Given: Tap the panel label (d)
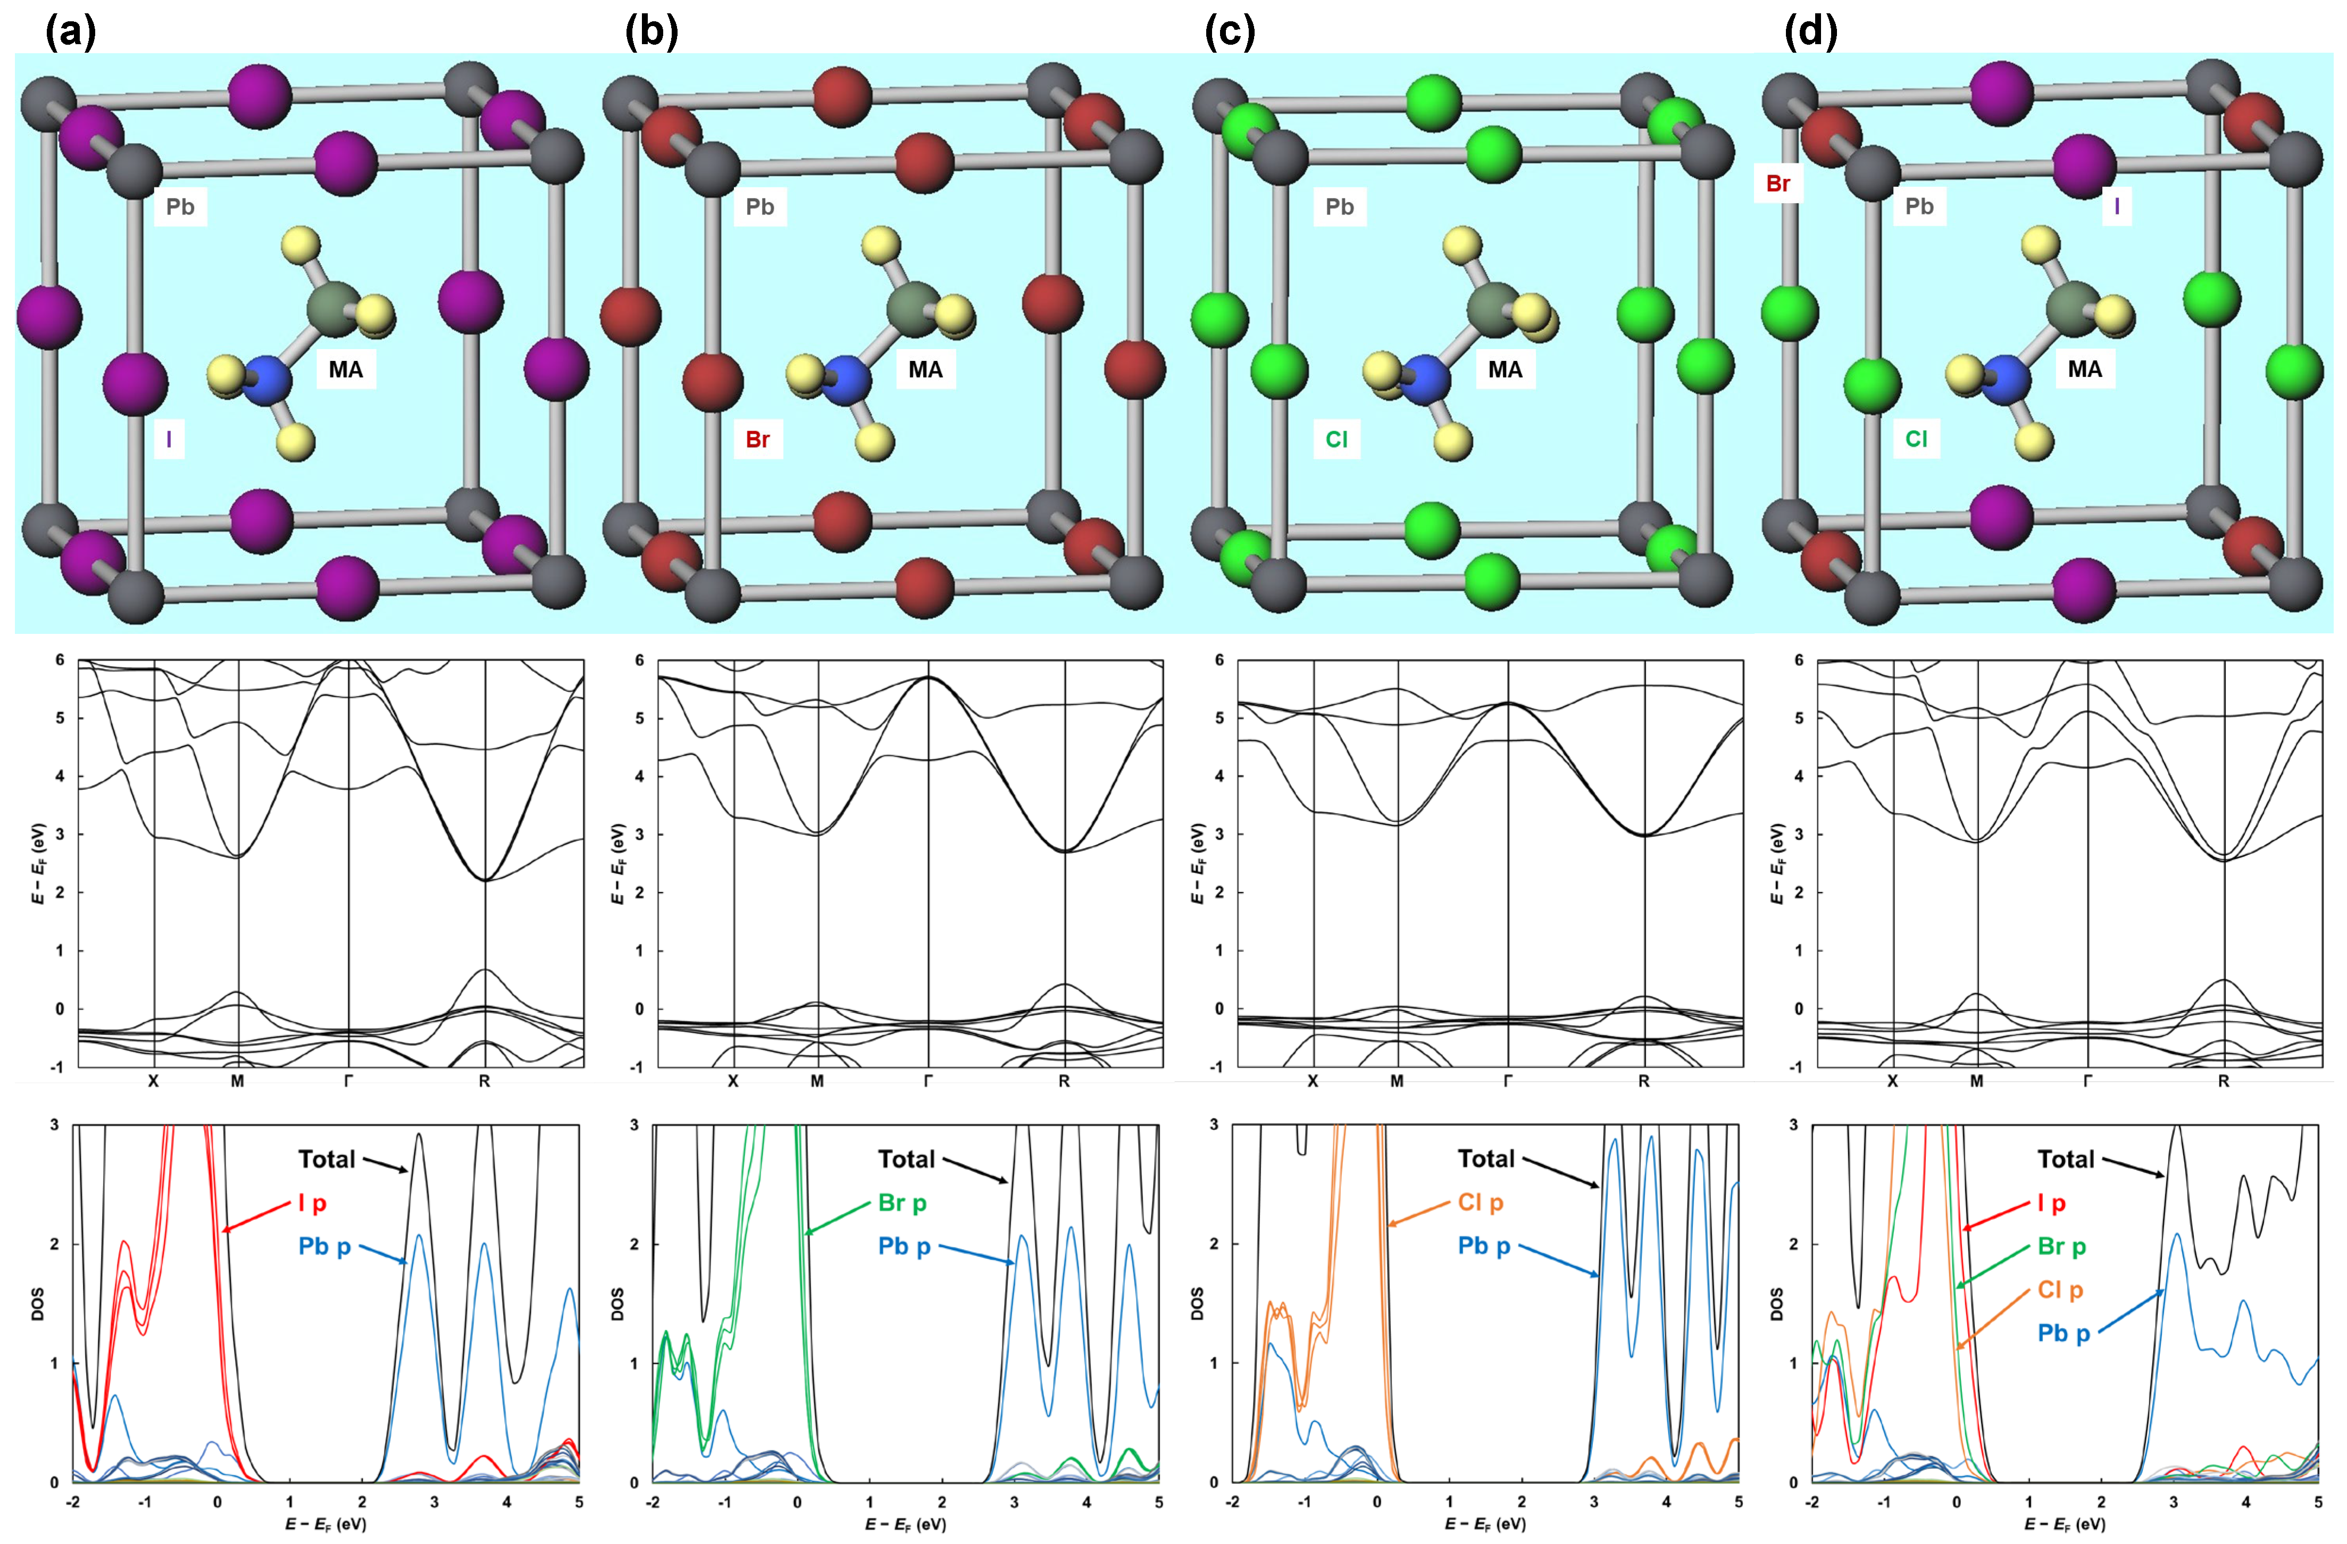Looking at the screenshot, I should (1811, 32).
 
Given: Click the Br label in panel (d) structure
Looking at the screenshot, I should (1778, 184).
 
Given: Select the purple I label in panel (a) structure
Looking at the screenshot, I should (169, 439).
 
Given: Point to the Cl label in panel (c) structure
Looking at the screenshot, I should (1336, 439).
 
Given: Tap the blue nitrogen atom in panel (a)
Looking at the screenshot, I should (266, 381).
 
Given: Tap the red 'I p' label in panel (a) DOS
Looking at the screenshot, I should (312, 1203).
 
